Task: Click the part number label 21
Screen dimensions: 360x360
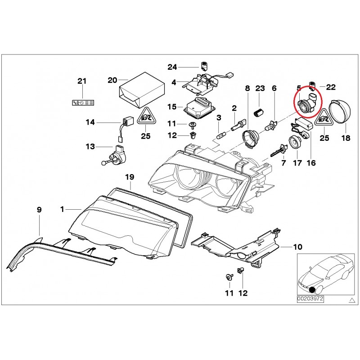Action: pos(81,81)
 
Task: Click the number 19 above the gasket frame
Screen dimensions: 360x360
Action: pos(130,176)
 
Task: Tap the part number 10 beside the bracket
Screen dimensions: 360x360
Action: pos(298,247)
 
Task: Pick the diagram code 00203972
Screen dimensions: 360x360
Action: pos(310,298)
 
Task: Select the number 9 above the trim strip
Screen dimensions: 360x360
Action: pos(39,209)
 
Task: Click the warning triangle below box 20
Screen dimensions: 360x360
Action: pos(145,117)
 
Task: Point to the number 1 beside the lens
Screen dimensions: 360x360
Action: pos(63,209)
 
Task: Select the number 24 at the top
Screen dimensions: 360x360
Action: pos(173,67)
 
